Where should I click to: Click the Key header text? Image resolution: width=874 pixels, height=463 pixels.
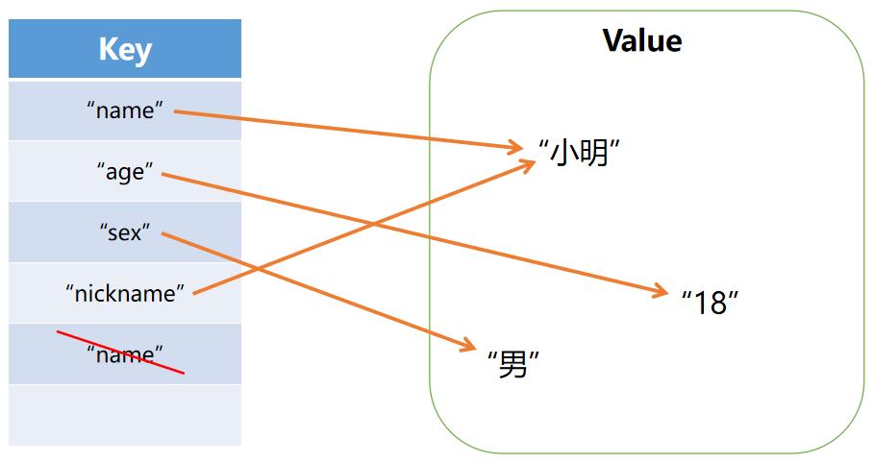pos(125,49)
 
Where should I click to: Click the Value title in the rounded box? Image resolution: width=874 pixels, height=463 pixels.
pos(641,40)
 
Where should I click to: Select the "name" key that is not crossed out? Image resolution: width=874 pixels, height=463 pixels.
pos(125,110)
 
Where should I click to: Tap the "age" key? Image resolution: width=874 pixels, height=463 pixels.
pos(125,172)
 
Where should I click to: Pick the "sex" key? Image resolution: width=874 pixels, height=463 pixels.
pos(125,231)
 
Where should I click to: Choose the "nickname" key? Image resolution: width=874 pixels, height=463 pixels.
pos(125,293)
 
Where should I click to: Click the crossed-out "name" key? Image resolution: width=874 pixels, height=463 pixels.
pos(125,354)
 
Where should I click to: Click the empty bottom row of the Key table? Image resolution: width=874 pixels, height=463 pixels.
pos(125,415)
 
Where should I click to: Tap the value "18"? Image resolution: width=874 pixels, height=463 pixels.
pos(710,303)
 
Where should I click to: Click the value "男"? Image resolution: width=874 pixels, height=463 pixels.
pos(512,364)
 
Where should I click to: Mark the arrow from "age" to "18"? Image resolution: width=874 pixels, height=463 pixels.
pos(500,253)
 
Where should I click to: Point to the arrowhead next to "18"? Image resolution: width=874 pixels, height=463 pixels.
pos(660,291)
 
